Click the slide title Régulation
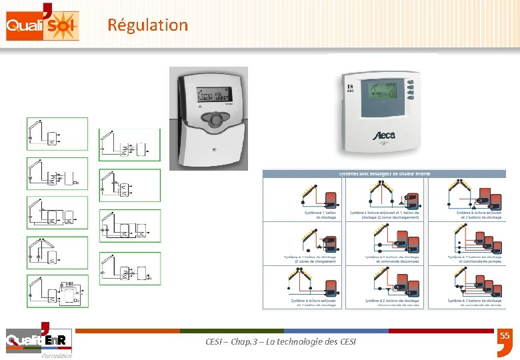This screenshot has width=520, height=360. point(147,25)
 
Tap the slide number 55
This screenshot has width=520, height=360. point(505,337)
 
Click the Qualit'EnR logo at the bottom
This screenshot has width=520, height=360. point(36,341)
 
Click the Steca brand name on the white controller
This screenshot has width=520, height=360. point(383,135)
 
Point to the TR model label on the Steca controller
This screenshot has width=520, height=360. point(349,87)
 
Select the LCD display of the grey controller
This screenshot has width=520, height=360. point(209,97)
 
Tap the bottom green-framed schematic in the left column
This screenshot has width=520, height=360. point(57,291)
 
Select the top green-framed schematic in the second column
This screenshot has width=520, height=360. point(130,145)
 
